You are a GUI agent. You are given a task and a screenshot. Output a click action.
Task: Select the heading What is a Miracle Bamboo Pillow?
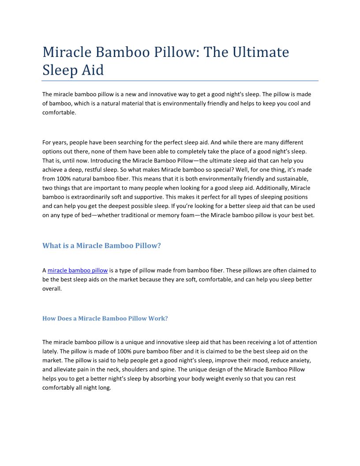coord(101,246)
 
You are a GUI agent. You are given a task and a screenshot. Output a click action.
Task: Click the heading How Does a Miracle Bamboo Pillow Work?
coord(105,318)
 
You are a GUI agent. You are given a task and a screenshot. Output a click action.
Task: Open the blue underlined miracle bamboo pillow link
coord(78,271)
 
